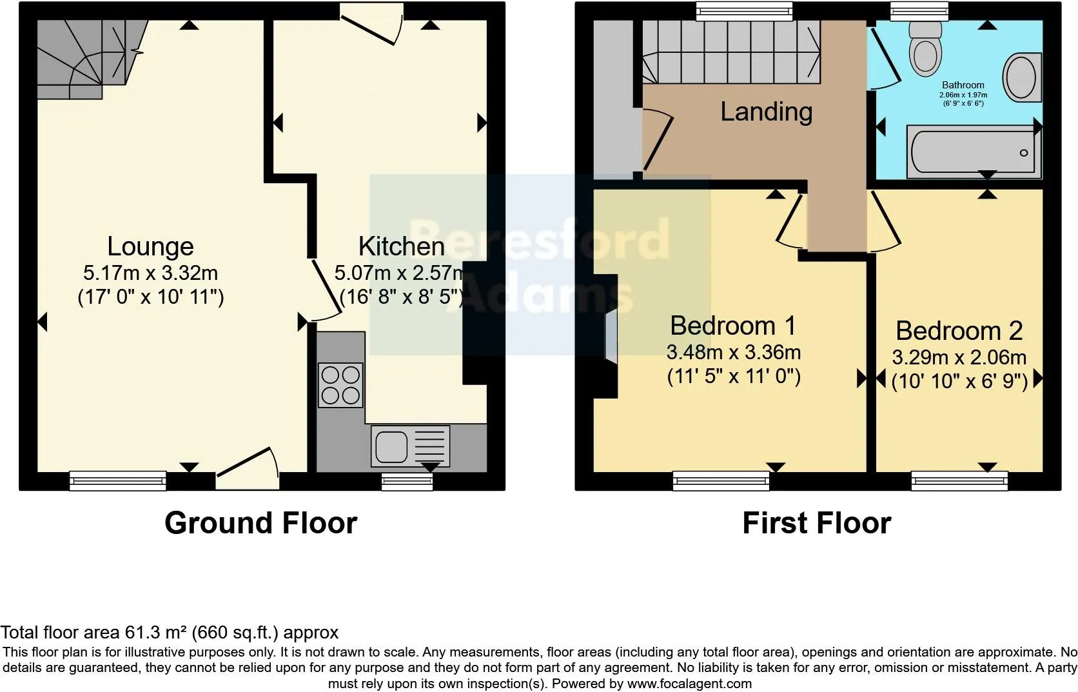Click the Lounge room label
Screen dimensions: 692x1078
[150, 246]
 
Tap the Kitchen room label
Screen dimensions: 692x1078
[401, 246]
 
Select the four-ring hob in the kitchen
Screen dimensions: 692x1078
[340, 385]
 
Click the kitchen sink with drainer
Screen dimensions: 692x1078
[410, 446]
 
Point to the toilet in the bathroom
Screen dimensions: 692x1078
[925, 48]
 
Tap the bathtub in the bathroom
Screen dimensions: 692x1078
[973, 152]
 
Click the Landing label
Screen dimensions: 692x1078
[766, 112]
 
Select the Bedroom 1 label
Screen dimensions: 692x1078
[733, 326]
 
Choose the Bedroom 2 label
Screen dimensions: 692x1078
[959, 331]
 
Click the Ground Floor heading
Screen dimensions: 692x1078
[260, 523]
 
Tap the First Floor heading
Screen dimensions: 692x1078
[816, 523]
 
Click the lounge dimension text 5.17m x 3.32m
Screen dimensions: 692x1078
[150, 273]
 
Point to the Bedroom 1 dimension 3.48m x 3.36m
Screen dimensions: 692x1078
[733, 353]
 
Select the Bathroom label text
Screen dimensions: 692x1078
[963, 85]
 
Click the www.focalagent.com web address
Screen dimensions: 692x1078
[689, 684]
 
